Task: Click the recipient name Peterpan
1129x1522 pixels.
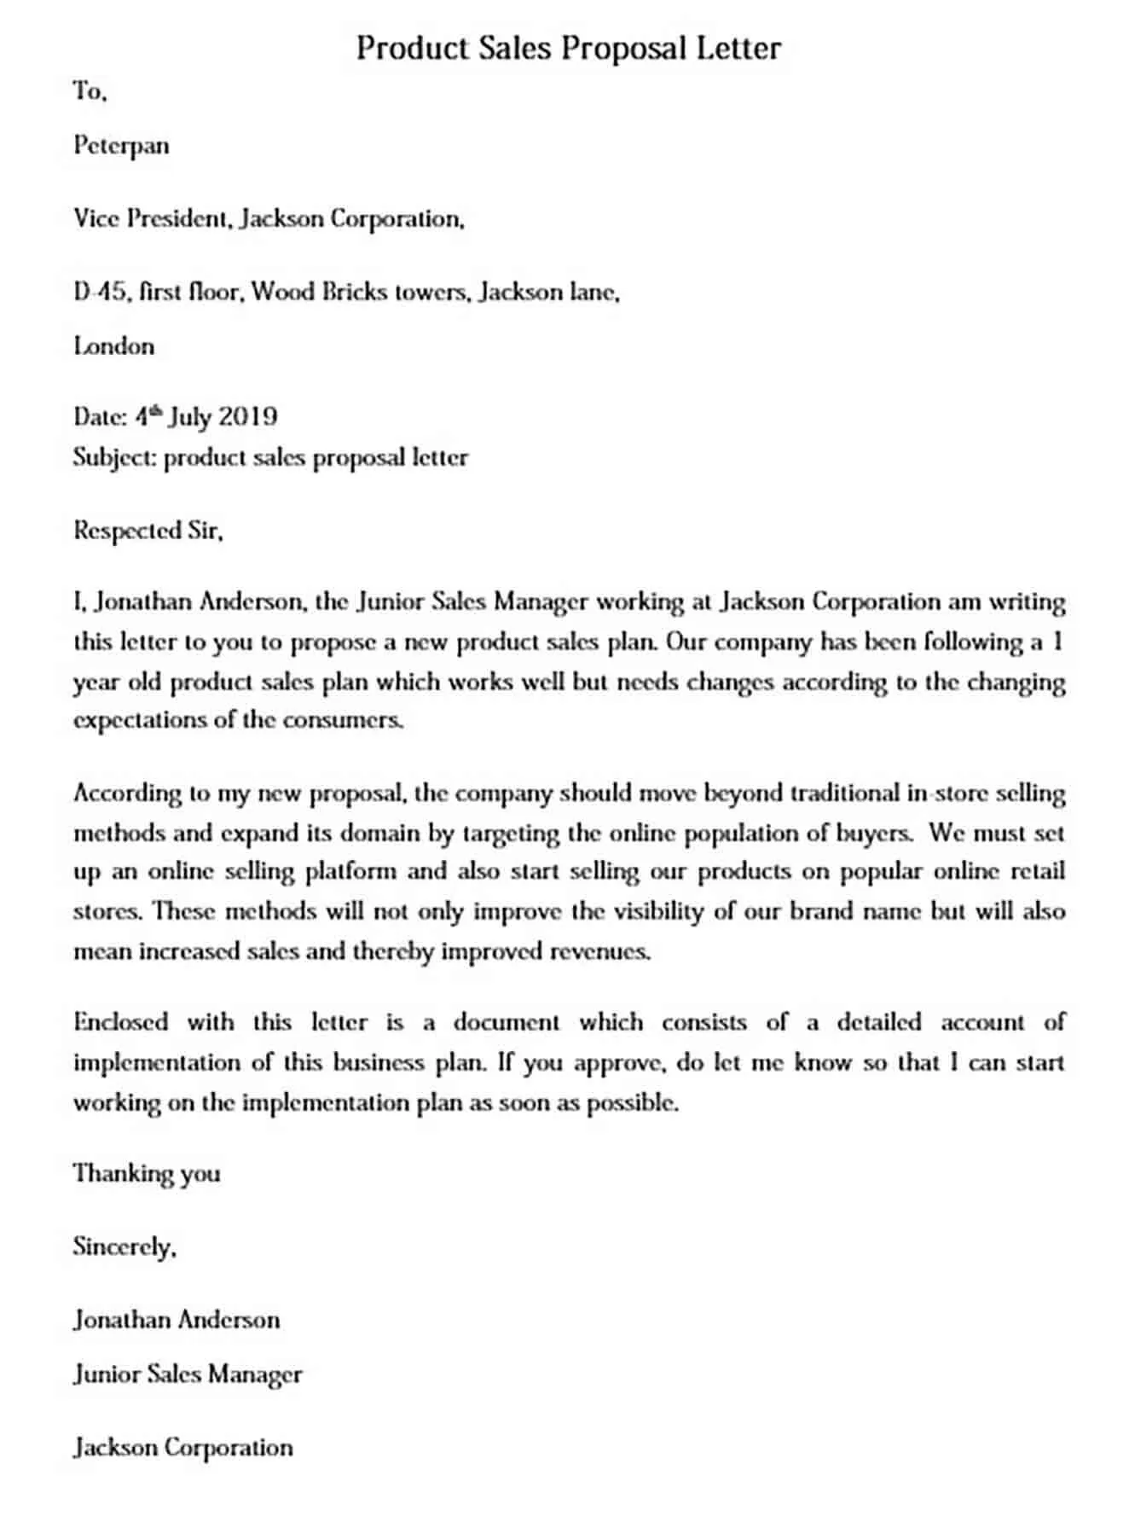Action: (121, 146)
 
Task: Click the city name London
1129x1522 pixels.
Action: (113, 346)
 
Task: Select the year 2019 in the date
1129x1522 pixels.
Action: (247, 417)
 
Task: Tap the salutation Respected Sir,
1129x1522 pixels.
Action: (148, 532)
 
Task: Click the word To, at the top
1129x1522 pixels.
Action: (90, 91)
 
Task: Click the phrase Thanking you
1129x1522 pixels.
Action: (147, 1174)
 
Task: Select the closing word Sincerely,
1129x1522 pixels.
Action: (124, 1247)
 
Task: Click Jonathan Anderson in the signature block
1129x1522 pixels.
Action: (177, 1321)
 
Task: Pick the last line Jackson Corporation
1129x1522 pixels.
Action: (182, 1448)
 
